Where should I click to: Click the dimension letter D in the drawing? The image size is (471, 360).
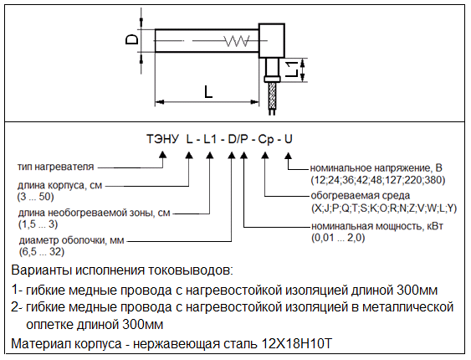click(x=131, y=39)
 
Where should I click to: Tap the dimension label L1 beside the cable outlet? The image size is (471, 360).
click(x=292, y=69)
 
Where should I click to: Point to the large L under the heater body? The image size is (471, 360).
click(x=207, y=91)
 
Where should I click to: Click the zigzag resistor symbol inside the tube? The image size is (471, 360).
click(x=237, y=41)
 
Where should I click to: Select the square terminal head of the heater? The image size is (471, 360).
click(x=272, y=40)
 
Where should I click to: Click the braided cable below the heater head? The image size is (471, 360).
click(x=273, y=95)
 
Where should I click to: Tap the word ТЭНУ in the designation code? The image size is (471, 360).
click(x=162, y=139)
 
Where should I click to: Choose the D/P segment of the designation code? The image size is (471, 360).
click(x=238, y=139)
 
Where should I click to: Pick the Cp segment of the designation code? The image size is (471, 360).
click(x=266, y=140)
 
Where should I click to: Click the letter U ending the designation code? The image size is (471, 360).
click(x=289, y=139)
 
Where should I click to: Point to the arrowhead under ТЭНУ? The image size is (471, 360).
click(x=162, y=154)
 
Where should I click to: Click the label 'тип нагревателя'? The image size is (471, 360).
click(x=56, y=167)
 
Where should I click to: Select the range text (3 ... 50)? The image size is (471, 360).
click(x=35, y=197)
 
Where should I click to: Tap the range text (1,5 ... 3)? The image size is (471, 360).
click(x=38, y=224)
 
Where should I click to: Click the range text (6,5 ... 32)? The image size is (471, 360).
click(x=42, y=251)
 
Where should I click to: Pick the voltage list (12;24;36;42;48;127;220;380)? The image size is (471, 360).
click(x=378, y=180)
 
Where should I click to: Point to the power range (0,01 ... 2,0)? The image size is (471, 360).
click(x=338, y=238)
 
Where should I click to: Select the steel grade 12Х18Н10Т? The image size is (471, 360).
click(x=297, y=343)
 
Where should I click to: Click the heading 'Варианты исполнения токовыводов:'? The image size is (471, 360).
click(x=122, y=270)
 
